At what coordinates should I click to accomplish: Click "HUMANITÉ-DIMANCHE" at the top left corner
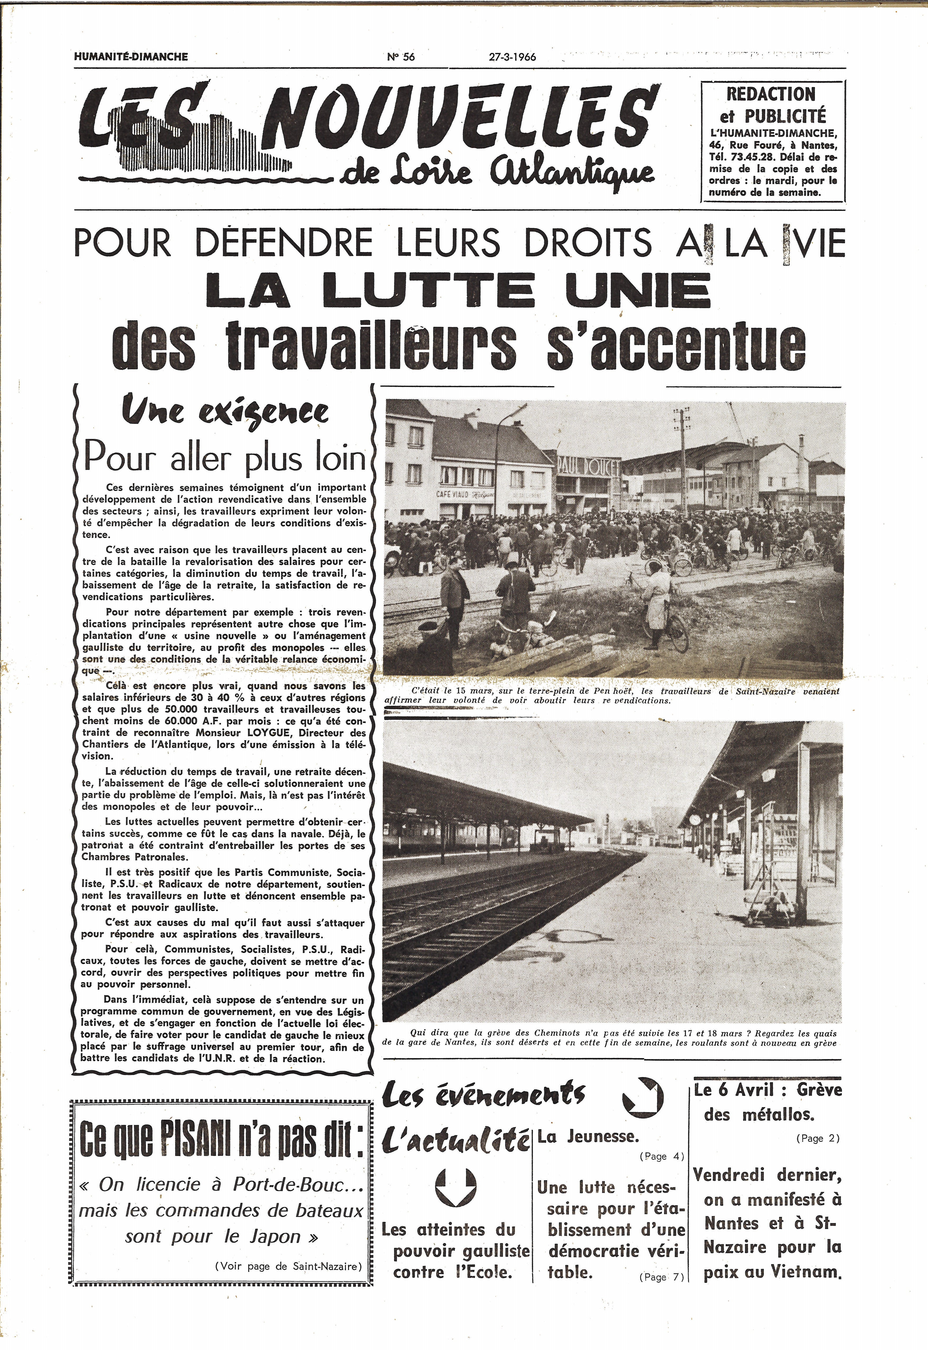pyautogui.click(x=132, y=56)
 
